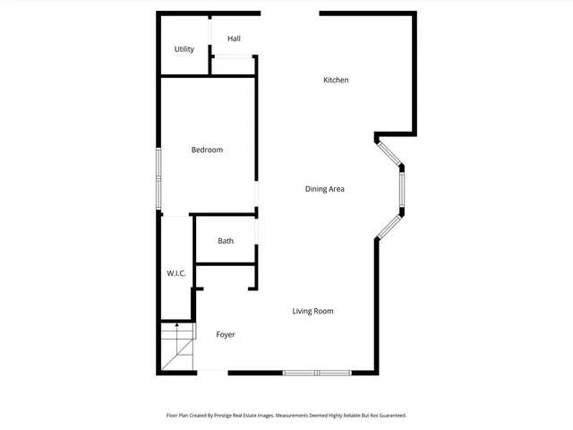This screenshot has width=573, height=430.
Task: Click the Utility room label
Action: click(x=184, y=49)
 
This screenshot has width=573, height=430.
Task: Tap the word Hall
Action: click(x=234, y=39)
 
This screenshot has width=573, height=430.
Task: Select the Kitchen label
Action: click(x=336, y=81)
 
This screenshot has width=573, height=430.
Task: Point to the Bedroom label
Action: click(x=207, y=150)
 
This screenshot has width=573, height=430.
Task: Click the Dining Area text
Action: click(x=325, y=189)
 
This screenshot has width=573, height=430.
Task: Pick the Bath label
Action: click(x=226, y=241)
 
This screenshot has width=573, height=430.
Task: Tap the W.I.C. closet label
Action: click(x=176, y=273)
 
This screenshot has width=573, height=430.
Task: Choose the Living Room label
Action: click(x=312, y=311)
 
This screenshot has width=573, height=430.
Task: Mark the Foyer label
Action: click(x=226, y=335)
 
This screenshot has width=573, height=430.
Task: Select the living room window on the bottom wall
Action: click(x=317, y=372)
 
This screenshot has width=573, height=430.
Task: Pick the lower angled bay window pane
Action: click(x=390, y=227)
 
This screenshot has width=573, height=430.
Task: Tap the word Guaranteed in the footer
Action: click(x=389, y=416)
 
